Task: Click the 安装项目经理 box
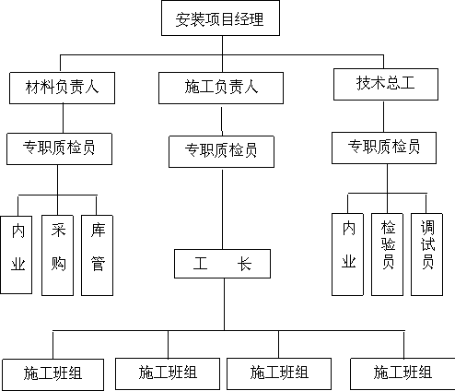tap(220, 18)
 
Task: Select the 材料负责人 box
tap(62, 88)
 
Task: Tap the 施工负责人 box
tap(221, 88)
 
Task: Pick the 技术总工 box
tap(386, 84)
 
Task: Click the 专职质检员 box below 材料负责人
tap(59, 148)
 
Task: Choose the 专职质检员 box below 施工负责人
tap(221, 151)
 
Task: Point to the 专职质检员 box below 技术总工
tap(384, 148)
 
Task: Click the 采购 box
tap(57, 255)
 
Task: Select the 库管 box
tap(97, 255)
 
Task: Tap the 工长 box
tap(222, 264)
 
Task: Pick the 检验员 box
tap(387, 255)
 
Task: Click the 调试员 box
tap(426, 255)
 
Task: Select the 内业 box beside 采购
tap(17, 255)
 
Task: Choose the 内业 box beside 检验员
tap(347, 255)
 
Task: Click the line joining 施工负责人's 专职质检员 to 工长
tap(222, 208)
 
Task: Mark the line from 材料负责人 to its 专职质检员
tap(63, 118)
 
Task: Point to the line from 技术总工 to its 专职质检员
tap(383, 116)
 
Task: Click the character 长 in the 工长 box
tap(244, 264)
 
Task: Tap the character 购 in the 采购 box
tap(58, 264)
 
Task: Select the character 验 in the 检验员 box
tap(388, 244)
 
